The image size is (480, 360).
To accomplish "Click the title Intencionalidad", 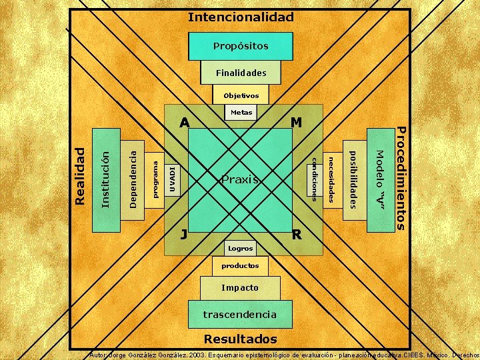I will [240, 17].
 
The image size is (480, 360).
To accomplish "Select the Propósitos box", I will [240, 46].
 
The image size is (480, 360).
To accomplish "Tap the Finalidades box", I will [240, 72].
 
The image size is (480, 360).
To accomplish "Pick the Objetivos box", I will [241, 95].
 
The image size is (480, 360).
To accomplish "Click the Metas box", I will [241, 113].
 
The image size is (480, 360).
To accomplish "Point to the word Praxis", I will [240, 179].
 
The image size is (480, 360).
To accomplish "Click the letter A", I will [185, 123].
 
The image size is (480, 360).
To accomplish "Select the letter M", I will [297, 123].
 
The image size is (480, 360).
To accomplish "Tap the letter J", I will [184, 235].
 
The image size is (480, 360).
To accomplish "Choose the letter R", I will [297, 235].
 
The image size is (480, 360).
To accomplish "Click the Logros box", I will [240, 248].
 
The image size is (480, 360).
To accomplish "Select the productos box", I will [240, 265].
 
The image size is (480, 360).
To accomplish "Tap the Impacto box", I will [240, 288].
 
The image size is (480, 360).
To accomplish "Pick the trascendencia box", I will [240, 313].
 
